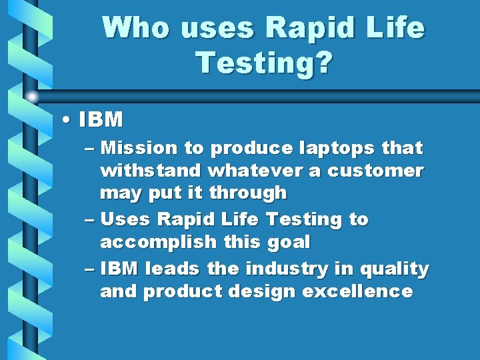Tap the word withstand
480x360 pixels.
pyautogui.click(x=151, y=171)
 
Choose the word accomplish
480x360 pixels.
pyautogui.click(x=158, y=242)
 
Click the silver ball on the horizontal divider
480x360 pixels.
pyautogui.click(x=31, y=97)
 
